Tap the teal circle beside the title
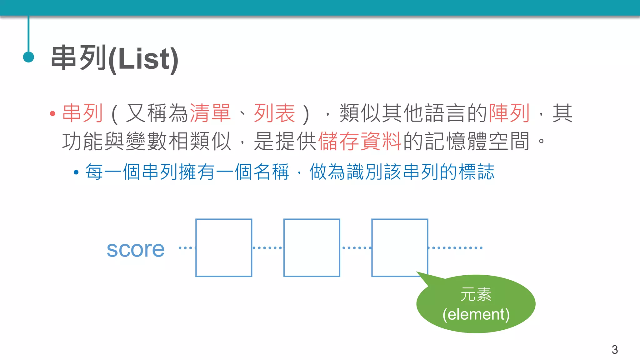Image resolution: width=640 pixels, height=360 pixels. (x=28, y=57)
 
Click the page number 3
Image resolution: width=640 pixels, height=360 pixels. (x=614, y=349)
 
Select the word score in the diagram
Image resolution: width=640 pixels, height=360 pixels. (x=135, y=249)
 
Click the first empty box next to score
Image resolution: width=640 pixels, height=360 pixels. (x=224, y=248)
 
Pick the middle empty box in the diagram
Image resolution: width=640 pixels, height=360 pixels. (x=312, y=248)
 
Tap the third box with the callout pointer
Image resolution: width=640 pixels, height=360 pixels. (x=399, y=248)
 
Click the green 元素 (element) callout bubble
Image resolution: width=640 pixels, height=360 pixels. (x=476, y=304)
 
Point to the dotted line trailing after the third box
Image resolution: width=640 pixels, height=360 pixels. (x=455, y=248)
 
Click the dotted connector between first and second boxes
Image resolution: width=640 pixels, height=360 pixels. (x=267, y=248)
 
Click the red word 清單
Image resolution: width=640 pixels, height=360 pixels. (x=210, y=113)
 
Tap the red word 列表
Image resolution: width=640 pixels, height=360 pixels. (x=274, y=113)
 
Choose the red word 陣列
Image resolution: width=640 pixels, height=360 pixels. (x=509, y=113)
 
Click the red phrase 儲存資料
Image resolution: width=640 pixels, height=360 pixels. (x=360, y=141)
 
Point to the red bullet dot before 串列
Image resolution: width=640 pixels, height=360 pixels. (x=52, y=114)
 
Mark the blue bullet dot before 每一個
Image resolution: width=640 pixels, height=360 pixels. (x=76, y=172)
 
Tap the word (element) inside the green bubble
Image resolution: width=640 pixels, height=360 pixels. (x=476, y=314)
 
